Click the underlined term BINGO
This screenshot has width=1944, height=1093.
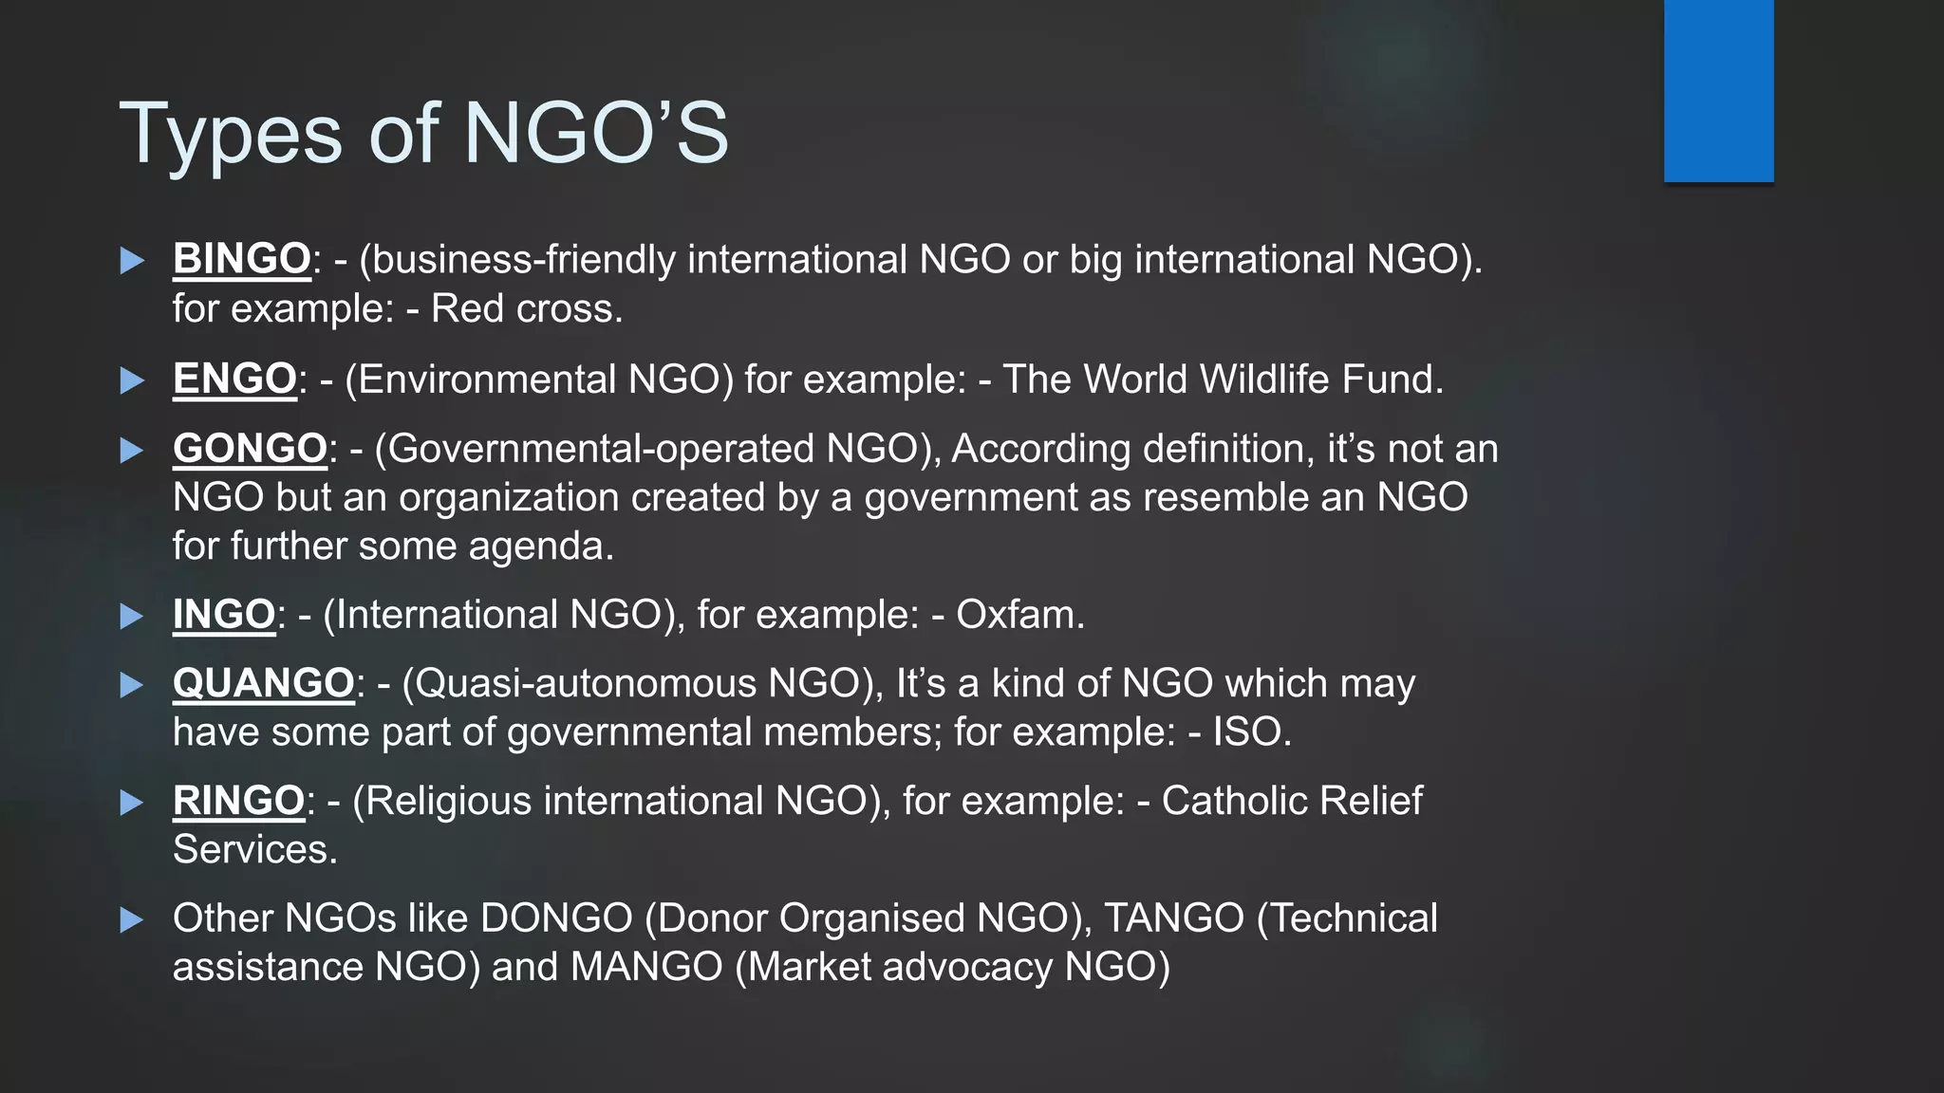point(241,259)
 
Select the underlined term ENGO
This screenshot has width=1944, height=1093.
point(234,379)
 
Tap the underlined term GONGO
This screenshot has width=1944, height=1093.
point(250,448)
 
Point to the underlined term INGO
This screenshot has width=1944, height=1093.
point(224,614)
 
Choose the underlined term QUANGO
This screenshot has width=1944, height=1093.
point(263,683)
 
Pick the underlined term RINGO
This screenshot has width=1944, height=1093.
point(238,801)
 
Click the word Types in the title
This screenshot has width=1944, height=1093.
point(231,135)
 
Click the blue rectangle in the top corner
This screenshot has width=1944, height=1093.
point(1718,90)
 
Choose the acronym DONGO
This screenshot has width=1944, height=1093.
point(556,917)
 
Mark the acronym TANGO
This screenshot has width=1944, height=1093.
point(1173,917)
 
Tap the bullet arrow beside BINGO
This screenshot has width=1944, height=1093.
point(132,260)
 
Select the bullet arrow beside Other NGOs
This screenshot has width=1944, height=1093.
point(132,918)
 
